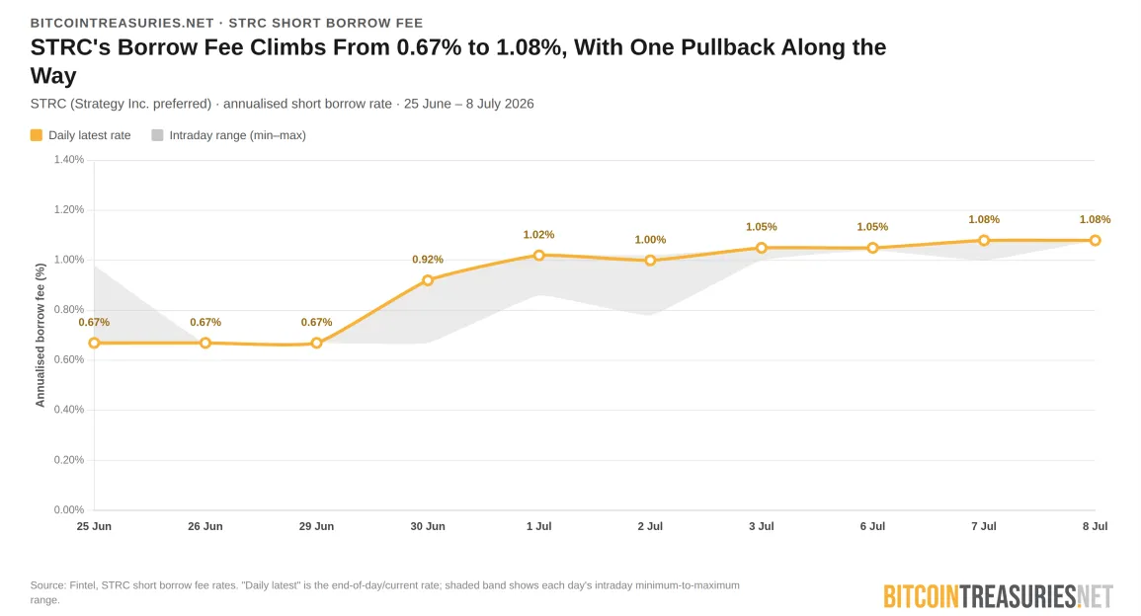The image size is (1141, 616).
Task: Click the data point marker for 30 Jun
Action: (x=428, y=280)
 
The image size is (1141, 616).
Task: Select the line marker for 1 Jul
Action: (x=539, y=256)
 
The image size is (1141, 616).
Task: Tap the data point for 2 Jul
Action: (x=651, y=261)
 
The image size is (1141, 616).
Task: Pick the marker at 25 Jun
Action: (x=94, y=344)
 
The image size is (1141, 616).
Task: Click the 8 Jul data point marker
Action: (x=1096, y=240)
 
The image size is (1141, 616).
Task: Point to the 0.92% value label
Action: (x=428, y=260)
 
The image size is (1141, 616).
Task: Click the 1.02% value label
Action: (x=539, y=235)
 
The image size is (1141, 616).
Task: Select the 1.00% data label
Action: (x=651, y=240)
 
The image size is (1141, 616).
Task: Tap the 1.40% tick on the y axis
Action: (x=69, y=159)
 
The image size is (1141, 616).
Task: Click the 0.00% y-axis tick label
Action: (x=69, y=509)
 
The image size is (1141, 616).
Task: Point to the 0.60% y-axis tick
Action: (x=69, y=360)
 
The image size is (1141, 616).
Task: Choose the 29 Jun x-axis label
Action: (x=316, y=526)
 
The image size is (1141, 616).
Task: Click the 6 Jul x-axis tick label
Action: (x=872, y=526)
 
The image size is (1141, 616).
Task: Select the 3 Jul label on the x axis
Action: (x=761, y=526)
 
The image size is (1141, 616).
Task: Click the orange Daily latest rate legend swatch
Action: (x=37, y=135)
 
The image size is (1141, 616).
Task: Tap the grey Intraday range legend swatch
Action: (x=157, y=135)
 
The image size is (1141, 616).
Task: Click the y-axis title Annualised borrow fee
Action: (x=41, y=336)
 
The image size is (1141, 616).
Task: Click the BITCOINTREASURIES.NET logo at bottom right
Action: (x=999, y=597)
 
